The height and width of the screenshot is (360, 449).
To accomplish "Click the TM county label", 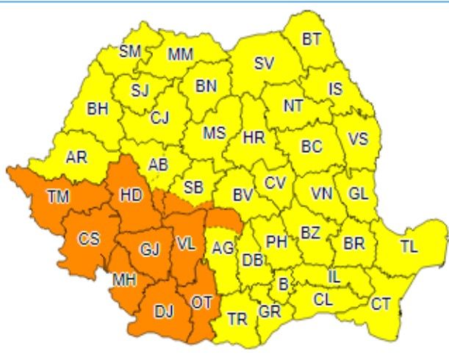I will click(x=54, y=196).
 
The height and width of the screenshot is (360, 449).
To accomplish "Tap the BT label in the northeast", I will click(x=312, y=40).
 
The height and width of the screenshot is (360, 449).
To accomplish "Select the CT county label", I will click(x=381, y=303).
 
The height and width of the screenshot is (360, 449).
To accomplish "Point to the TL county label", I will click(x=409, y=247).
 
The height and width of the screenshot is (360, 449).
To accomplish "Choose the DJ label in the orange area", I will click(x=164, y=311).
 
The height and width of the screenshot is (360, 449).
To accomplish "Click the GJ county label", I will click(x=149, y=249).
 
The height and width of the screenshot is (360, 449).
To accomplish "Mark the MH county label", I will click(x=123, y=280).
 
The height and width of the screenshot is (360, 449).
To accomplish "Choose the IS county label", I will click(x=335, y=89).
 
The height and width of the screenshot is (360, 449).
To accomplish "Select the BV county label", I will click(x=242, y=195).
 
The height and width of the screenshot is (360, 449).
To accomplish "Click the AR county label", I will click(x=76, y=157).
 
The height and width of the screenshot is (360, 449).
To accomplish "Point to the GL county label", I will click(x=358, y=194).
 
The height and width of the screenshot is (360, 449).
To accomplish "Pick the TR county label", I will click(x=237, y=319).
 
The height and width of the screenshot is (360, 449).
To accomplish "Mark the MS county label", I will click(x=214, y=133).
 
